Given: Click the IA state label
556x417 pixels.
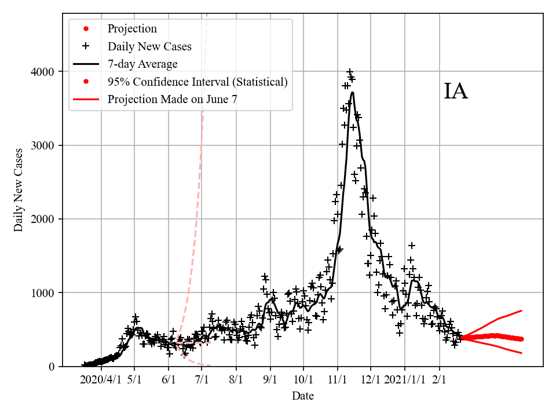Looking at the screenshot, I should point(456,92).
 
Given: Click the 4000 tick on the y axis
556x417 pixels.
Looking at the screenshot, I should point(42,72).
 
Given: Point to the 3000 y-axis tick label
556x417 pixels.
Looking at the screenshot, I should point(42,145).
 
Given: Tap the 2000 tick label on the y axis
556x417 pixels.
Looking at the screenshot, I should point(42,219).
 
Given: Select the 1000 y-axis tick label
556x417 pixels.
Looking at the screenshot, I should point(42,292).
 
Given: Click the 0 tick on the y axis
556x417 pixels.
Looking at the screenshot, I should point(51,366).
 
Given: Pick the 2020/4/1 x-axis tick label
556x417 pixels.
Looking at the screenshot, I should point(101,381).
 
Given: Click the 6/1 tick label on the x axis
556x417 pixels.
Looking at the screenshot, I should point(169,381).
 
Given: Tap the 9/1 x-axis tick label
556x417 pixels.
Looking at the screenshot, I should point(270,381).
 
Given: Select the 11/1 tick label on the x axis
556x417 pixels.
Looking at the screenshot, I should point(337,381).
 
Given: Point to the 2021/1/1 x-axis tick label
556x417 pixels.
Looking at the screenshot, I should point(405,381).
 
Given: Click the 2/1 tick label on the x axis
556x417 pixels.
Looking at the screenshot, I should point(439,381).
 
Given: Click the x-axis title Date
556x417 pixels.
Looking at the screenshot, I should point(303,396).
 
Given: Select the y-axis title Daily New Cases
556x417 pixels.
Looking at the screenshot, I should point(19,190).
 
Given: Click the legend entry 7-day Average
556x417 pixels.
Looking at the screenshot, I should point(142,64).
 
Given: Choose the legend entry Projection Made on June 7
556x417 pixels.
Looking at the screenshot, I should point(172,100).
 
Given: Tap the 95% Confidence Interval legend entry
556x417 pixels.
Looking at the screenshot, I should point(197,82).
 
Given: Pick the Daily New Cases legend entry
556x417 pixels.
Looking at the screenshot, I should point(149,46).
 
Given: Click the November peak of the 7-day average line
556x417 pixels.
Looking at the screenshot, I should point(352,93).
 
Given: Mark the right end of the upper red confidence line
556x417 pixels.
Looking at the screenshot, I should point(522,310).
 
